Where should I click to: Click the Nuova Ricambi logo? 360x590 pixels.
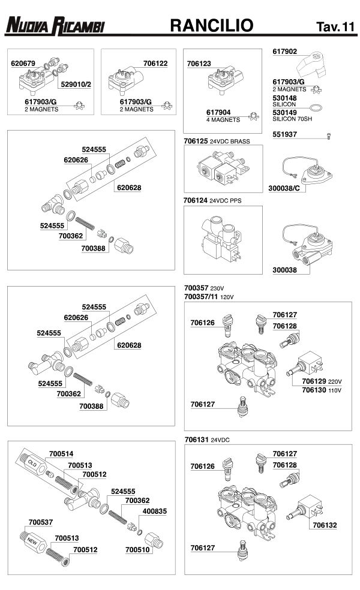55,26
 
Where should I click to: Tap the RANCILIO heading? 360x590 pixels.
212,26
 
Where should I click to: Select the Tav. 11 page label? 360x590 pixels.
335,27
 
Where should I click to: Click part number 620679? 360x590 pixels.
23,63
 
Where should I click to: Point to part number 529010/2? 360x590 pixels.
76,85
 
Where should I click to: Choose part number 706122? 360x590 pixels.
155,63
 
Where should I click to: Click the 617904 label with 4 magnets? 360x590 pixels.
223,116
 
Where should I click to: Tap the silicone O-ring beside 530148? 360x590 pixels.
316,108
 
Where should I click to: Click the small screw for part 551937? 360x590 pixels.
329,136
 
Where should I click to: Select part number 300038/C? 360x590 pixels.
284,188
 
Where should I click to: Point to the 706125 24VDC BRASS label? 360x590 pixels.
217,141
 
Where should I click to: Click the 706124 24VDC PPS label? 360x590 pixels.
212,200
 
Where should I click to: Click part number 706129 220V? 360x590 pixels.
322,381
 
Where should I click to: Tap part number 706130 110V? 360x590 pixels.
322,390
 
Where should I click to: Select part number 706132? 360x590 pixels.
325,525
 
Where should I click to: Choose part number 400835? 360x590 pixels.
154,511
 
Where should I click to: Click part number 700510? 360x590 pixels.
137,550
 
